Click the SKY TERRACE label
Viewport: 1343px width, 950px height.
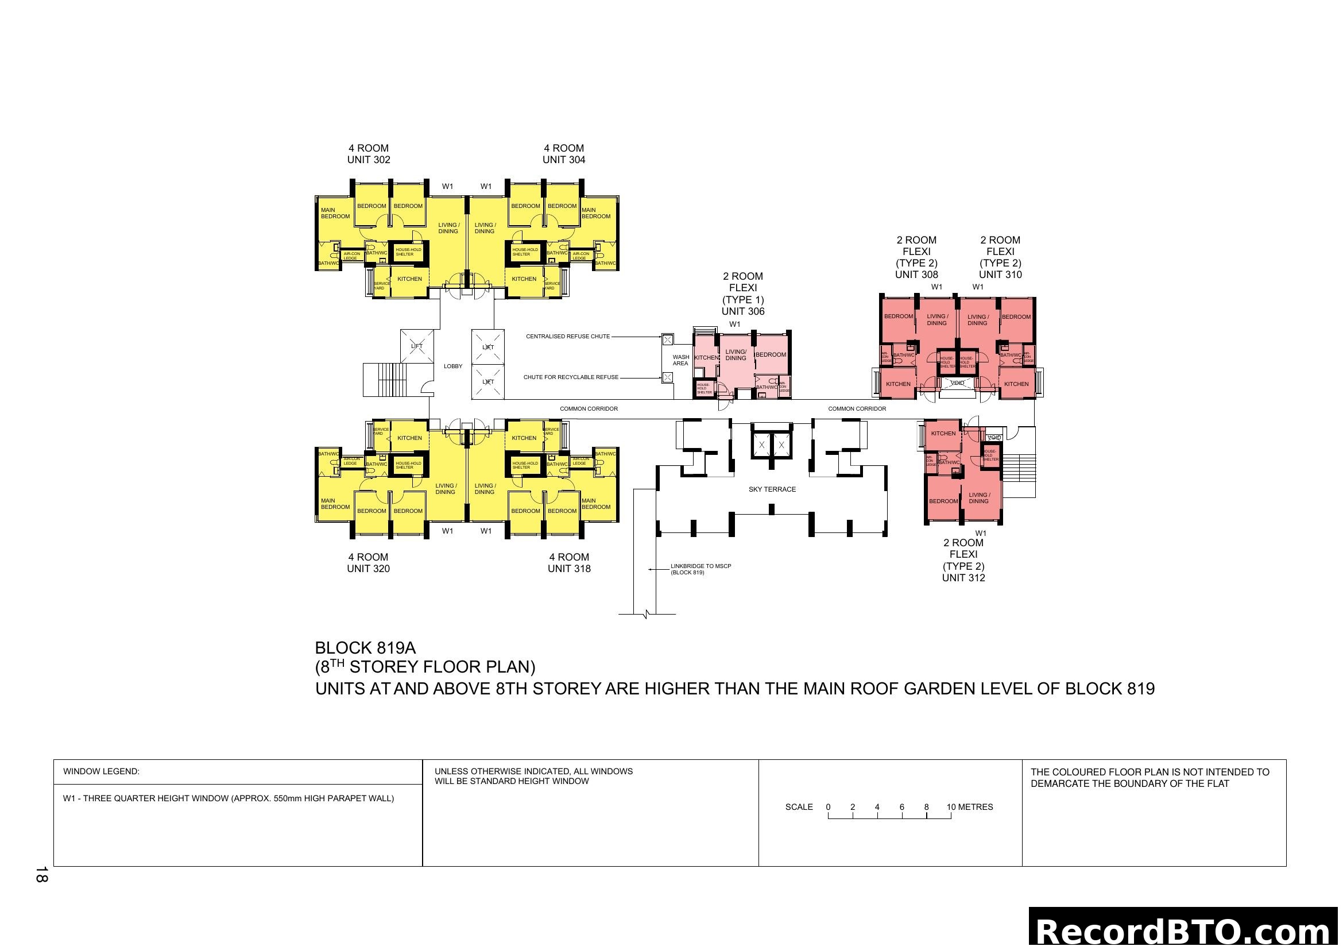(772, 489)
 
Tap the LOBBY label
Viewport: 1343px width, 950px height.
(452, 366)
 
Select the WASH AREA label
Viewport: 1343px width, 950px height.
(680, 360)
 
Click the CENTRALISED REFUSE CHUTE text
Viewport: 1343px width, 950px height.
(567, 337)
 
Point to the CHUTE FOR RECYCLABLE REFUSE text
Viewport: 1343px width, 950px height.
(570, 377)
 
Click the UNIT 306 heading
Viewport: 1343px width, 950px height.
(743, 311)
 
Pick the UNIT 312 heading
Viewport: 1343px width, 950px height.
(963, 578)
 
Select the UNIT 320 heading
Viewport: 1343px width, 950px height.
(368, 569)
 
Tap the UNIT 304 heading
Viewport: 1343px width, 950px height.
(563, 160)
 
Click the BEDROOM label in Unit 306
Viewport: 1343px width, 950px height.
(771, 354)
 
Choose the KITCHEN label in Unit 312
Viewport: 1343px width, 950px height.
(943, 434)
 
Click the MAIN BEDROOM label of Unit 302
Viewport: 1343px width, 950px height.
(335, 213)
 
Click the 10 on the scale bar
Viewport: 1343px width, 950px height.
(951, 807)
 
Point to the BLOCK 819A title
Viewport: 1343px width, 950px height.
(365, 648)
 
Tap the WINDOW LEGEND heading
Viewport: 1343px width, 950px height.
(101, 771)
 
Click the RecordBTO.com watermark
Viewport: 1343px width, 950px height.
(1185, 930)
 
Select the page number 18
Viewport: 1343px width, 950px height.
(41, 875)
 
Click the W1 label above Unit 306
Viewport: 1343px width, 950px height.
(735, 324)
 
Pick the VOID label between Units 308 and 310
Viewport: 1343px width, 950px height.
(957, 383)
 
